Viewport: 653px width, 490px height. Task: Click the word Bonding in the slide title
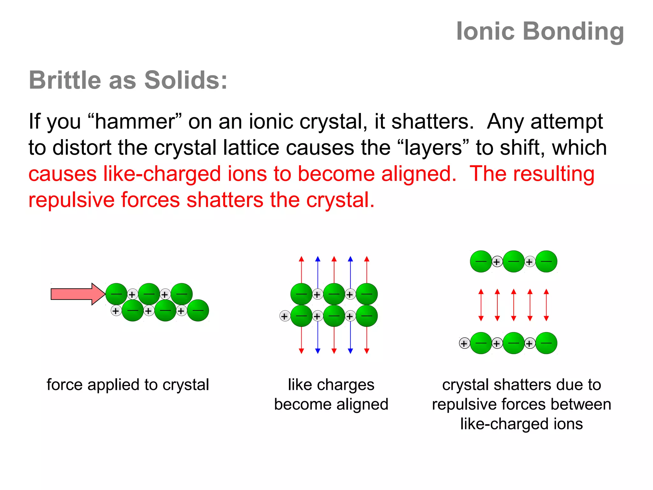coord(573,32)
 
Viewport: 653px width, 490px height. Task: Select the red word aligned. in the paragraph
coord(419,174)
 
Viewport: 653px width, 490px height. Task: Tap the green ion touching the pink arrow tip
coord(116,294)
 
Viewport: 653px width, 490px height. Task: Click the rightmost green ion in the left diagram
coord(198,310)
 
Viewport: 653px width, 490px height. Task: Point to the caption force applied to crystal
coord(128,385)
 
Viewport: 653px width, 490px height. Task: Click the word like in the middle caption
coord(300,385)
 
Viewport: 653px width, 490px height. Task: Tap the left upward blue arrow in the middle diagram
coord(318,271)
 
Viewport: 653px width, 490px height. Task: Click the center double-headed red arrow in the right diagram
coord(513,305)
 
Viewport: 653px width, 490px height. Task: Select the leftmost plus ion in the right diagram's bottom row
coord(464,343)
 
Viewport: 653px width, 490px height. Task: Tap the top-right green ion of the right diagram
coord(546,261)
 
